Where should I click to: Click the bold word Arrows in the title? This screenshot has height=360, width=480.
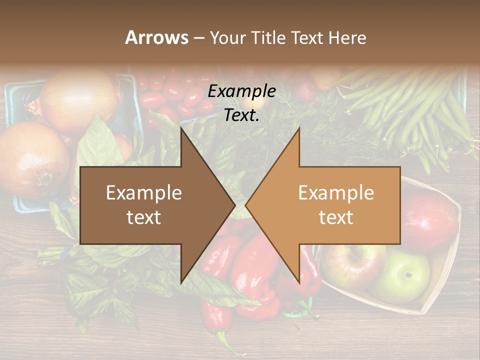156,37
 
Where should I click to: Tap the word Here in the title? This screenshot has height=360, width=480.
347,37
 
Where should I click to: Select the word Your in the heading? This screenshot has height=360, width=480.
228,38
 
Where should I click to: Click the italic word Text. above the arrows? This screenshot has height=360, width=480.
241,115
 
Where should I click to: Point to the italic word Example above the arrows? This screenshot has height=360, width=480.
241,91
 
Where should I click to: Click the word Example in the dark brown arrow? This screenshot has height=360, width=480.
144,193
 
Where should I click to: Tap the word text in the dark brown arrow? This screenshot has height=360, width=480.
144,217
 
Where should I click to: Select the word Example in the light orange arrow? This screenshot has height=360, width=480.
336,193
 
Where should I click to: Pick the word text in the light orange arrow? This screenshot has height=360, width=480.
336,217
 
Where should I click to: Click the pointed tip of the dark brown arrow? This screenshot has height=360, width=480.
234,204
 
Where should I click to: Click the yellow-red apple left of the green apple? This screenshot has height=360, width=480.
353,265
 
